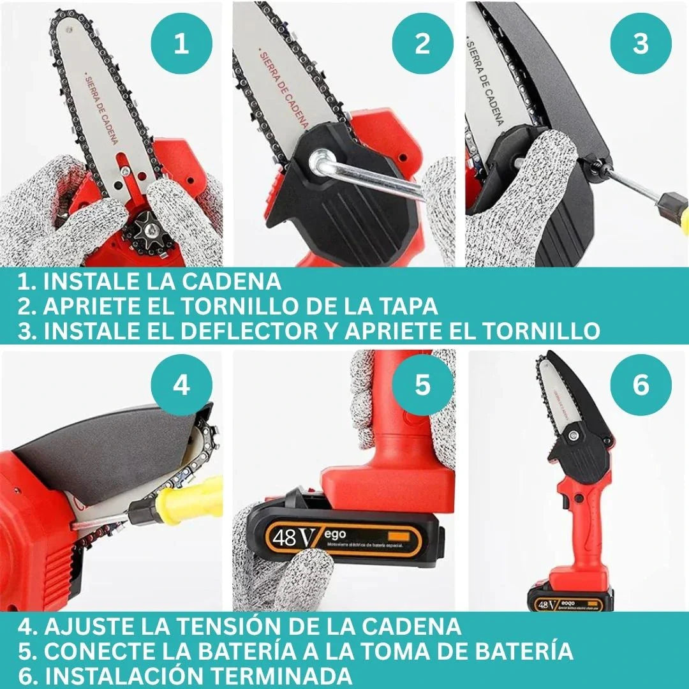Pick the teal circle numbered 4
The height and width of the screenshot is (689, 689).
pos(182,385)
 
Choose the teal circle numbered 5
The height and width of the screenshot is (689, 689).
pos(423,385)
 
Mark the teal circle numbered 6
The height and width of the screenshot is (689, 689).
pos(641,385)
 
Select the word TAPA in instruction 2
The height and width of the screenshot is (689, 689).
pos(407,306)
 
